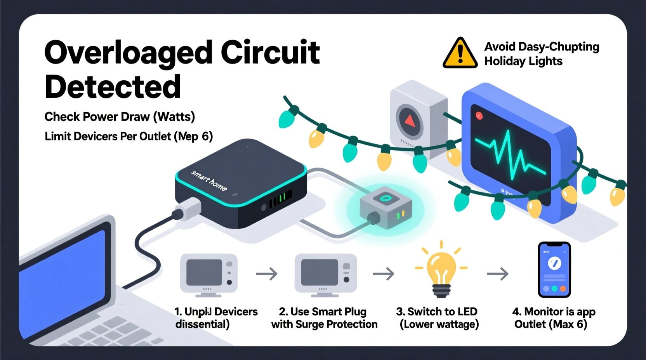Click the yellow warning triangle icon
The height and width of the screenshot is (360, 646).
pos(460,54)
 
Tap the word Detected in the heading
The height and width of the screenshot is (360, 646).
pos(113,87)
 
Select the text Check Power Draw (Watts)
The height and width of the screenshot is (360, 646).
pos(120,117)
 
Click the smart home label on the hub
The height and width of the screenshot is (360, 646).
pos(209,180)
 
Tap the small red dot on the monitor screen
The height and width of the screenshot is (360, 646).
pos(479,116)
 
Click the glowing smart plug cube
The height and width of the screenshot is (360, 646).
pos(386,210)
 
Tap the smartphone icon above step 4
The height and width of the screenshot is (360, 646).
pos(554,270)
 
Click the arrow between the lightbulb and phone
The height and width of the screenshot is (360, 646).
pos(498,274)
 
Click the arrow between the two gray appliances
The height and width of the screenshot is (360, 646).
pos(267,274)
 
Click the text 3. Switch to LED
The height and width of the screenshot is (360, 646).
pos(436,312)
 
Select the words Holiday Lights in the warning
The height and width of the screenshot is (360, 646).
pos(523,61)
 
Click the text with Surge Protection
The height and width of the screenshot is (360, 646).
pos(324,324)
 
